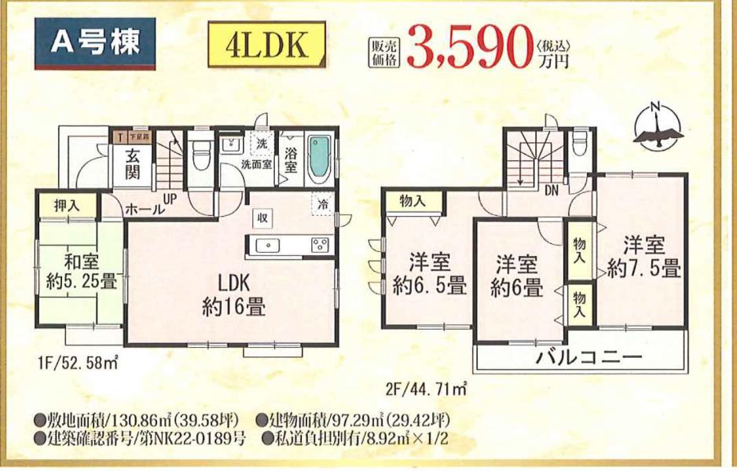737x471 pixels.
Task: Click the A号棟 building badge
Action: (95, 43)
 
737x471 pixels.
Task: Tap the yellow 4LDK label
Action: (267, 44)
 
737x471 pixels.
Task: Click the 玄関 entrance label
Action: (133, 165)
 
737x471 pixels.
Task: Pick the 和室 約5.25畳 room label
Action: (81, 271)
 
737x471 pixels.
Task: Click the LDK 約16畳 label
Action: (233, 295)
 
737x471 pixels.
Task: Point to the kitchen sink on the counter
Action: (267, 245)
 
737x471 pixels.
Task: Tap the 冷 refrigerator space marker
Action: (322, 204)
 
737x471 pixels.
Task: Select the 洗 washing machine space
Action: (262, 143)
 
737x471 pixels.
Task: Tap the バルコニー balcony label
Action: (589, 358)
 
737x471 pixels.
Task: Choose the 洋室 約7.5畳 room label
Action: (643, 257)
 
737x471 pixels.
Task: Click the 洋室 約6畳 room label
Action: (516, 276)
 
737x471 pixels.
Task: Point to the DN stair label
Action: (552, 191)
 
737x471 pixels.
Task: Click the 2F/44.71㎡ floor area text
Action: (425, 389)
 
